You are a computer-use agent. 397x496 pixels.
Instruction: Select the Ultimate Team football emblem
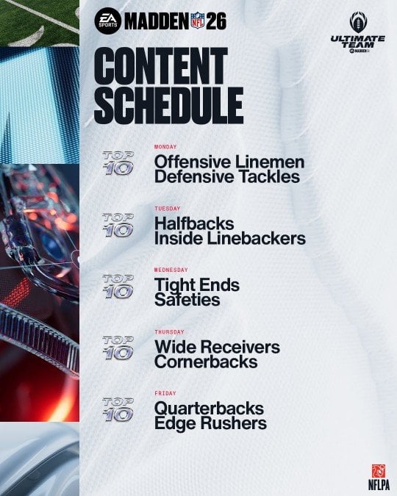click(x=357, y=21)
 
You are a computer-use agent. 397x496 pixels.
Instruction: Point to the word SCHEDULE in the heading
click(x=168, y=105)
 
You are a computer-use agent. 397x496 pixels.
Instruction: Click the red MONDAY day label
click(x=166, y=147)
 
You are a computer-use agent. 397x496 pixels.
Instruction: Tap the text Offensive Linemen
click(x=229, y=162)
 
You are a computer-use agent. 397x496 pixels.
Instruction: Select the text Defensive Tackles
click(x=226, y=177)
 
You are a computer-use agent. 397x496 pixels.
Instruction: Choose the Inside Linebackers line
click(x=229, y=238)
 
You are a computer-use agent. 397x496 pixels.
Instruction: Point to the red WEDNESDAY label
click(x=171, y=270)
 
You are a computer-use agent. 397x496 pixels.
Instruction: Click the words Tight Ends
click(x=196, y=284)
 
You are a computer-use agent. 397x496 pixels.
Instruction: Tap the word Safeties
click(x=187, y=300)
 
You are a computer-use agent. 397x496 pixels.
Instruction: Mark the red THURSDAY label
click(x=169, y=331)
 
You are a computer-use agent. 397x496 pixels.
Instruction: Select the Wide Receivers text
click(x=217, y=346)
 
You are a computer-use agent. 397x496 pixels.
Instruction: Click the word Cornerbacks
click(x=205, y=362)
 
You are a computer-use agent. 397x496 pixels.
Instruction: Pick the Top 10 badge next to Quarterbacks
click(x=118, y=410)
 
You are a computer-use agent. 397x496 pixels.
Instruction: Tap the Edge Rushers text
click(x=210, y=423)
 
